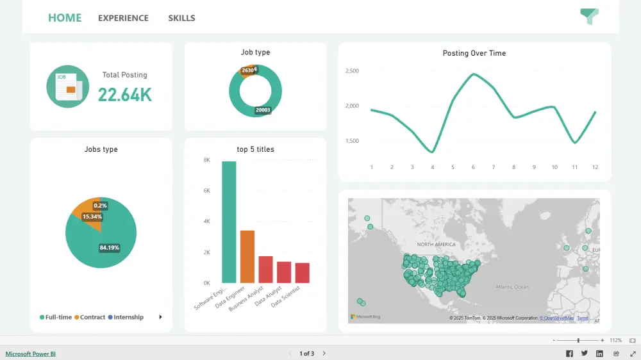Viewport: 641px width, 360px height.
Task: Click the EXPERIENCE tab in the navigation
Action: [x=123, y=18]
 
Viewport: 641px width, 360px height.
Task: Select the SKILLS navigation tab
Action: [x=181, y=18]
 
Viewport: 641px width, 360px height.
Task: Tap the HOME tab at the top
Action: [x=65, y=17]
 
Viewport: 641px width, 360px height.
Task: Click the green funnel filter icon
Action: [x=588, y=17]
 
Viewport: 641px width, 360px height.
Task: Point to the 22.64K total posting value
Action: [x=125, y=95]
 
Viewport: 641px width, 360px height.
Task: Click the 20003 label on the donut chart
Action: [x=263, y=110]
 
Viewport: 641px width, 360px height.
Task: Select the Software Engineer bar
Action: [x=229, y=222]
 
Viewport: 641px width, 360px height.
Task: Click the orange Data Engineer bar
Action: [x=247, y=256]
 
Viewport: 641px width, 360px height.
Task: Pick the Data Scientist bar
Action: [x=303, y=272]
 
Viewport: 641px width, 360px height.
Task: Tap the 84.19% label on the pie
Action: [x=109, y=247]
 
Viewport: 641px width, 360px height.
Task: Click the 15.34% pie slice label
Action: [x=92, y=217]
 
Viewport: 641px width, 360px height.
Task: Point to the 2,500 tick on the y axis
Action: [x=352, y=70]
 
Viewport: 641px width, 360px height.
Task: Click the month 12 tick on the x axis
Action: [x=595, y=167]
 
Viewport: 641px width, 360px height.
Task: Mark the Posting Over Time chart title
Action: [x=474, y=53]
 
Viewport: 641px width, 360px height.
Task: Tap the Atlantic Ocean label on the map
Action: [x=512, y=287]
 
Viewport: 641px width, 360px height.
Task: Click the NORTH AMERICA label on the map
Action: [x=436, y=245]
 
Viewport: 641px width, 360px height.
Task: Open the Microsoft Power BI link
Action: [x=31, y=354]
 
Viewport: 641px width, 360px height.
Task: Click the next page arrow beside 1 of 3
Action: [x=324, y=354]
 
